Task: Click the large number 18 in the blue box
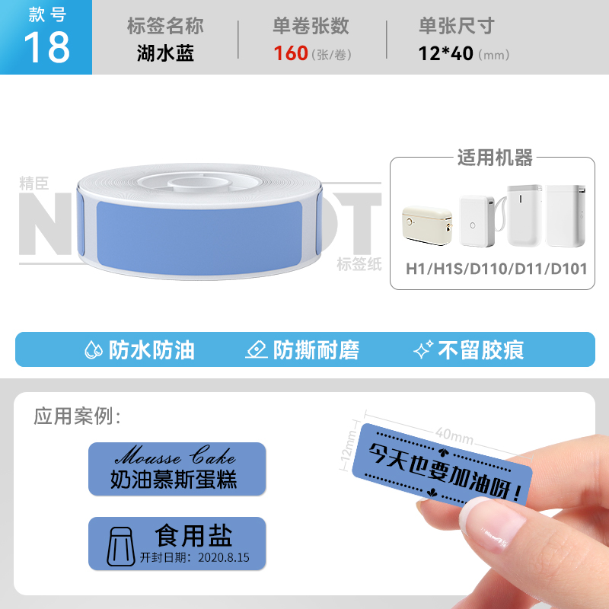coord(47,47)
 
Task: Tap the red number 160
coord(291,53)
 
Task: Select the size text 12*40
coord(445,53)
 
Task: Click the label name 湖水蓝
coord(165,53)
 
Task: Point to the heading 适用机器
coord(495,158)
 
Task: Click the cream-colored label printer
coord(427,225)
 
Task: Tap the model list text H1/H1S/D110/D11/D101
coord(496,269)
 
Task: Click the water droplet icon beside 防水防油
coord(94,350)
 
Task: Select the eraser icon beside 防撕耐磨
coord(257,349)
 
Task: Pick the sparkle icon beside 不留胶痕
coord(423,349)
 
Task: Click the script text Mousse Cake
coord(175,455)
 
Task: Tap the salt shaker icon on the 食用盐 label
coord(120,546)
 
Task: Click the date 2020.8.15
coord(224,558)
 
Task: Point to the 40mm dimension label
coord(454,435)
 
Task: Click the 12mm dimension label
coord(349,445)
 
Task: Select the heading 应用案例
coord(78,416)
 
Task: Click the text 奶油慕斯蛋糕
coord(174,479)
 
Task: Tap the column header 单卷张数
coord(311,26)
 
